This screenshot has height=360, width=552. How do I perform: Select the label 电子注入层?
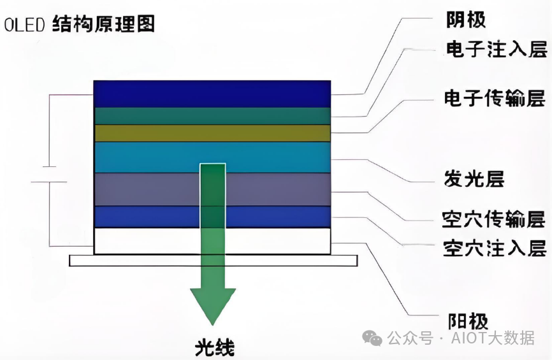[x=495, y=50]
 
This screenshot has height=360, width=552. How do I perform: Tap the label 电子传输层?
[x=495, y=99]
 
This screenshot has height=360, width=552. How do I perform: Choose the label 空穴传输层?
[x=495, y=220]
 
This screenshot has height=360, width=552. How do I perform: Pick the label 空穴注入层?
[x=495, y=248]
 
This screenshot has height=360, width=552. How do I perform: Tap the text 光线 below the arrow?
[x=214, y=349]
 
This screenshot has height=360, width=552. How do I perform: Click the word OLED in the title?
[x=24, y=25]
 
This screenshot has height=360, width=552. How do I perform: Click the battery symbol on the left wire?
[x=49, y=175]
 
